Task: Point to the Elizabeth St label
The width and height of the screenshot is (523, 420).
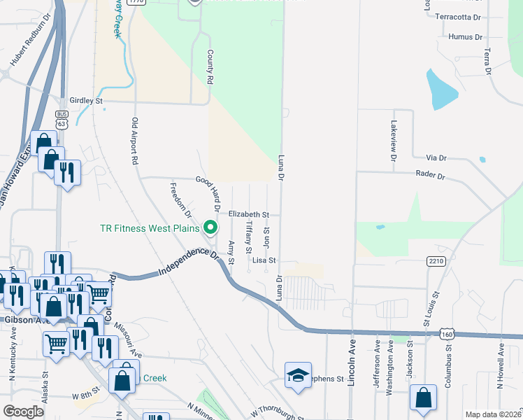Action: pos(249,214)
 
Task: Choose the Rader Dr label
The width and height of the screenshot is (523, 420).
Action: pos(430,176)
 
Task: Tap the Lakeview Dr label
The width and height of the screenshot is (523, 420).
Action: pos(393,140)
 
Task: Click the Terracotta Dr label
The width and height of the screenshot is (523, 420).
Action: pos(458,16)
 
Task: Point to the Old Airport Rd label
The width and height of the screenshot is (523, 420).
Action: pos(134,141)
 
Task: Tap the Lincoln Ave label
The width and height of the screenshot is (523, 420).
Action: pos(352,356)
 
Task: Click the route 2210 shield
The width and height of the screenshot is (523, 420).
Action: pos(436,261)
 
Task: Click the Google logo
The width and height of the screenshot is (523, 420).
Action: pos(24,412)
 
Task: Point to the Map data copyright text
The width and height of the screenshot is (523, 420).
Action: pos(492,414)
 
